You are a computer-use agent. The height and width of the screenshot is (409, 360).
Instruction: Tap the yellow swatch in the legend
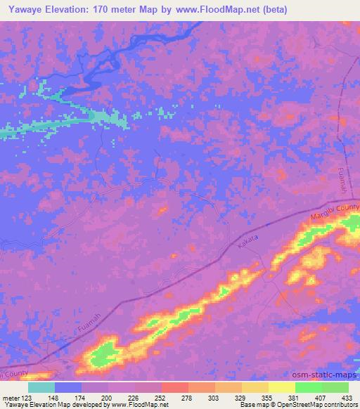[x=281, y=387]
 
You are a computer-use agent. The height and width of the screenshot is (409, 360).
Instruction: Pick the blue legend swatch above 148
[x=67, y=387]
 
